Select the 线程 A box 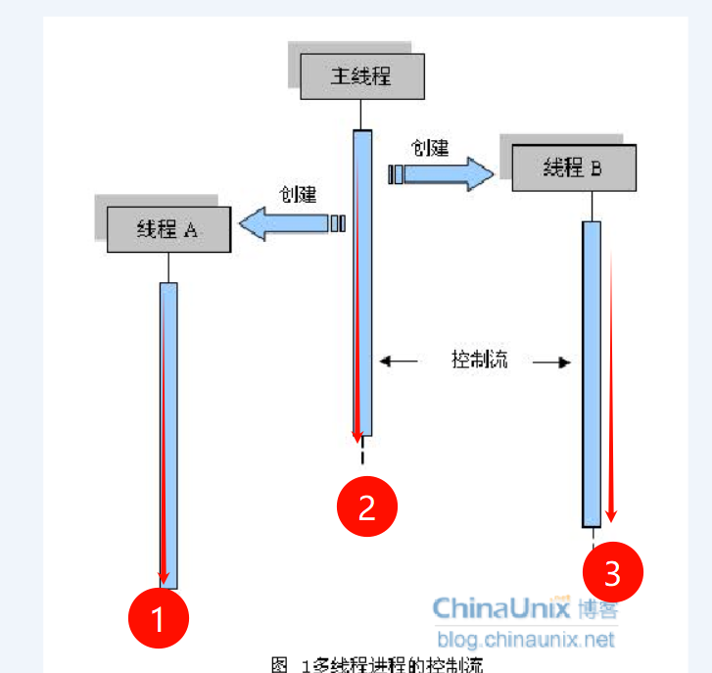[x=168, y=230]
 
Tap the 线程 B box [x=574, y=168]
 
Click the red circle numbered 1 [x=159, y=618]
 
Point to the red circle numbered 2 [x=367, y=506]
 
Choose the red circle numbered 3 [x=613, y=572]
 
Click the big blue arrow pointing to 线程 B [x=443, y=174]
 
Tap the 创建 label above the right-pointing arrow [x=430, y=148]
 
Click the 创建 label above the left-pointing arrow [x=298, y=194]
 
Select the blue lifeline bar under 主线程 [x=362, y=284]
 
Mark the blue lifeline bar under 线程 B [x=592, y=372]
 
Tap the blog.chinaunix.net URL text [x=527, y=641]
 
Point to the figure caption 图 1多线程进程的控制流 [x=377, y=664]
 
